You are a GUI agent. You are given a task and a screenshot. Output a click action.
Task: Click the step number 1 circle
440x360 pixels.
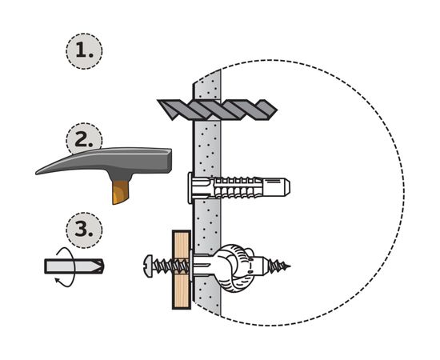(x=84, y=51)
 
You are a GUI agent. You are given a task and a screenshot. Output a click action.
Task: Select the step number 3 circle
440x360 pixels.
(x=84, y=230)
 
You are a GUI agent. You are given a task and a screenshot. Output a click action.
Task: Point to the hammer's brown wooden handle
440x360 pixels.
(x=120, y=192)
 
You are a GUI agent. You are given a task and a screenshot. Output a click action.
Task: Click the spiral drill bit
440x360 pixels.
(x=217, y=110)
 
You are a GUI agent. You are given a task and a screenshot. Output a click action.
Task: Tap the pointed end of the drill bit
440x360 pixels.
(x=277, y=110)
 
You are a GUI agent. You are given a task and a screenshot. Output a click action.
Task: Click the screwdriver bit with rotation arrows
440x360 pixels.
(x=74, y=266)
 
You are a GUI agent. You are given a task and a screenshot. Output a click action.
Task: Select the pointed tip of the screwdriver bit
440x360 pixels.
(x=102, y=266)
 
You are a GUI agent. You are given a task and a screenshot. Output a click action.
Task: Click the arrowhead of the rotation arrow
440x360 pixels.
(x=58, y=280)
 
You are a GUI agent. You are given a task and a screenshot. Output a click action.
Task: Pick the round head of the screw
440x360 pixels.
(x=149, y=266)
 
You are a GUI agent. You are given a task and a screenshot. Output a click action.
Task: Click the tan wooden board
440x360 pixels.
(x=182, y=270)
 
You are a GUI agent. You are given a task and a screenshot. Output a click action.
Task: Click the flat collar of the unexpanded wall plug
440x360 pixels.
(x=190, y=188)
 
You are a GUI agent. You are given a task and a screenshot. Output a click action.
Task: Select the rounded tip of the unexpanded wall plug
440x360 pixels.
(x=286, y=187)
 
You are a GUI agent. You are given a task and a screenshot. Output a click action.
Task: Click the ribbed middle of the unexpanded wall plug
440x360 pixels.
(x=235, y=187)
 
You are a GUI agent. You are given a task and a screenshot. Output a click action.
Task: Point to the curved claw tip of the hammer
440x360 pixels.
(x=38, y=172)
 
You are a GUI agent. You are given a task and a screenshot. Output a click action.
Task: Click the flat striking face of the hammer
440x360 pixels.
(x=170, y=160)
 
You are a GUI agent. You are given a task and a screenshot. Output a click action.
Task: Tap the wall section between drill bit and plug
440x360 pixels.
(x=207, y=147)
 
